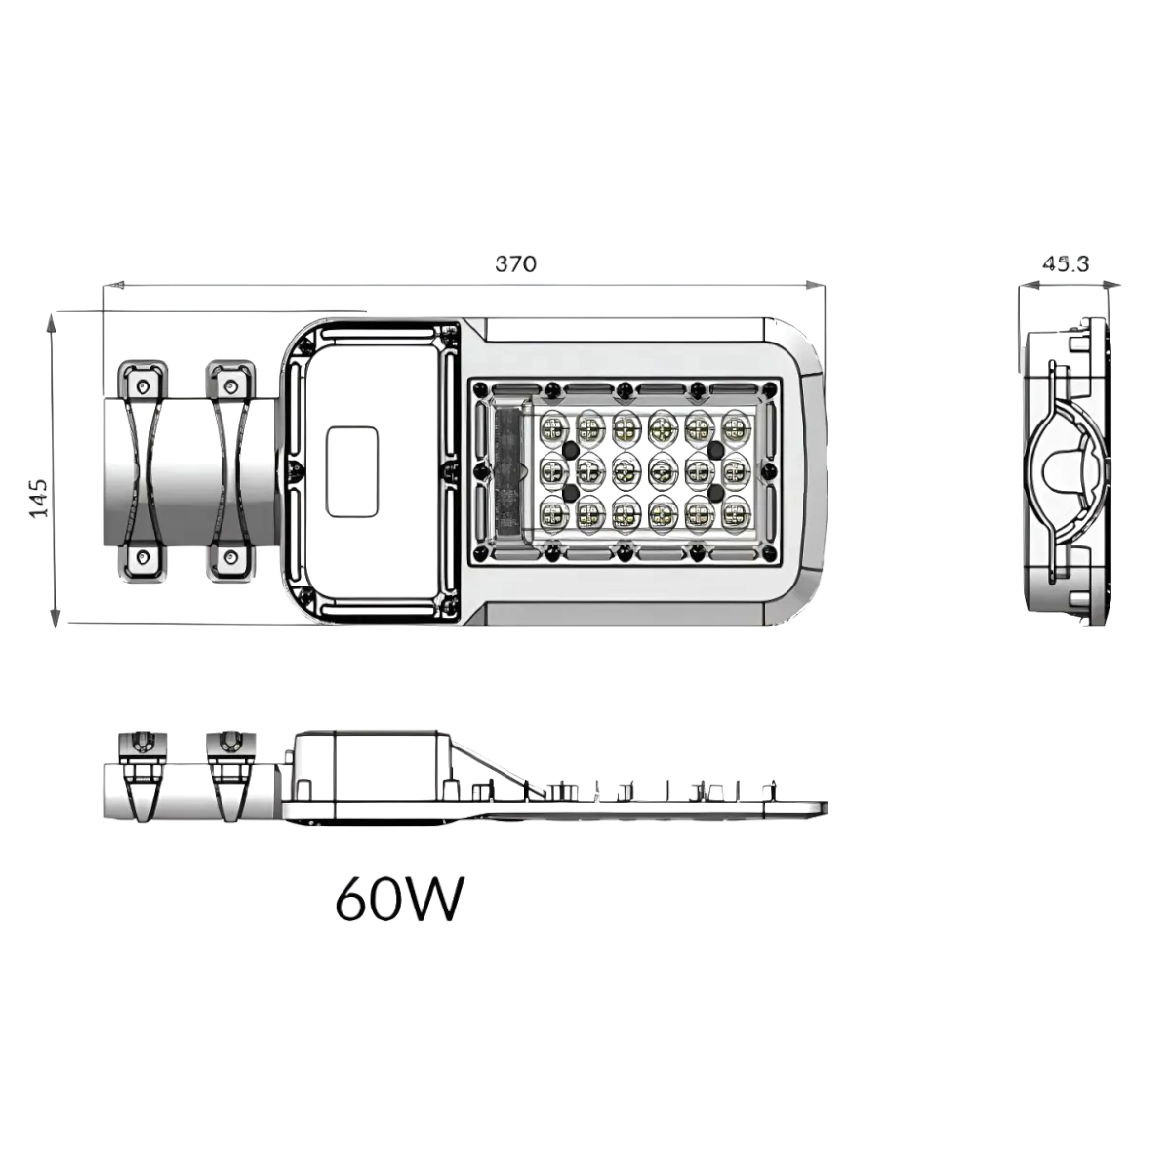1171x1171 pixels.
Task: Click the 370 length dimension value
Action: pos(515,264)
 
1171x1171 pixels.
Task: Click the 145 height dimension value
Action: pos(39,498)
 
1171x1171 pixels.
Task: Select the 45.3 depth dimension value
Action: pos(1066,263)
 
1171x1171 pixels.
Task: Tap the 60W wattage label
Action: pos(398,900)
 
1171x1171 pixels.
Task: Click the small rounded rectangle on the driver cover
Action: pos(352,470)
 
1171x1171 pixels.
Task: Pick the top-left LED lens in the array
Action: pos(554,426)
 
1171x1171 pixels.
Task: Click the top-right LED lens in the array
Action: pos(735,426)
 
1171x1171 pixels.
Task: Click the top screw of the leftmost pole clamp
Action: pos(143,386)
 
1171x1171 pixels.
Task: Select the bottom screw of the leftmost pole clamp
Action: pos(143,557)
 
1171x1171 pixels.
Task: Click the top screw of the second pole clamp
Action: pos(230,386)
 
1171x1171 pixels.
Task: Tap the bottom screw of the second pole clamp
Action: pos(230,557)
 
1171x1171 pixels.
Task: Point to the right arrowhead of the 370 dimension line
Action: pos(818,286)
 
